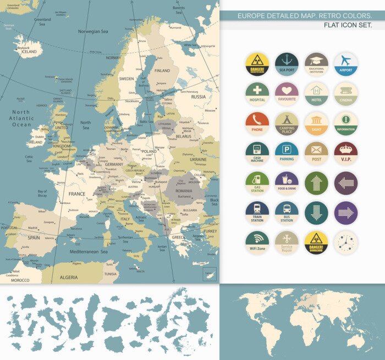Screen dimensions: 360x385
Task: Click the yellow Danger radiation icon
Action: (257, 64)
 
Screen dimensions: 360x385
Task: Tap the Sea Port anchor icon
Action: (287, 64)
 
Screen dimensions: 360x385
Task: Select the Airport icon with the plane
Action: (346, 64)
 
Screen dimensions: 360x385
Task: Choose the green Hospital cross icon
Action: (257, 93)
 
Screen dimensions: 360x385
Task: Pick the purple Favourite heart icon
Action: (287, 93)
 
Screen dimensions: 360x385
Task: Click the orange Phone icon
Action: (257, 123)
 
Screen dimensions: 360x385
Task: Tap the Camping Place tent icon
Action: (287, 123)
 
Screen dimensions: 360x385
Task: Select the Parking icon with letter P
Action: (287, 153)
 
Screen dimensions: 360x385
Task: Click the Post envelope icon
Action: (316, 153)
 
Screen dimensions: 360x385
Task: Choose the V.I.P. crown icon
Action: (346, 153)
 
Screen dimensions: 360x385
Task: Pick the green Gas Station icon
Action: (257, 183)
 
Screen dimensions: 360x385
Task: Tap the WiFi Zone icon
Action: (257, 242)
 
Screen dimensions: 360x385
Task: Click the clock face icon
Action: (346, 242)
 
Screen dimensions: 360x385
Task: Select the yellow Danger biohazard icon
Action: (316, 242)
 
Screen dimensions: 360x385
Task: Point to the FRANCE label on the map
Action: (76, 194)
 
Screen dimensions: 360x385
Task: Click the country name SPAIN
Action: (34, 238)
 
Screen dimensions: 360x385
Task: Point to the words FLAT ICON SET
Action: (348, 25)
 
